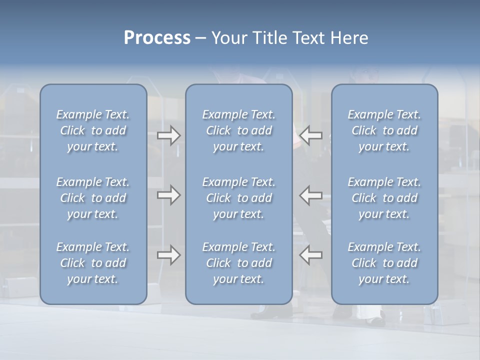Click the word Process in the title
point(157,38)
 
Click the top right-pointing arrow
point(168,135)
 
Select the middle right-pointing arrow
point(168,195)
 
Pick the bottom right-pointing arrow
point(168,255)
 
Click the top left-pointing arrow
point(311,135)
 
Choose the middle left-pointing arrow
point(311,195)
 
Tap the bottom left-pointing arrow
point(311,255)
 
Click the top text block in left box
point(93,130)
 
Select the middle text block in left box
point(93,198)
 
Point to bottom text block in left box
point(93,263)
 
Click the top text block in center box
point(239,130)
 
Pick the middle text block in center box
point(239,198)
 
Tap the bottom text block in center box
point(239,263)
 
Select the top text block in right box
point(384,130)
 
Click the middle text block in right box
point(384,198)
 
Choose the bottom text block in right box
point(384,263)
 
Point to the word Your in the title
point(228,38)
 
